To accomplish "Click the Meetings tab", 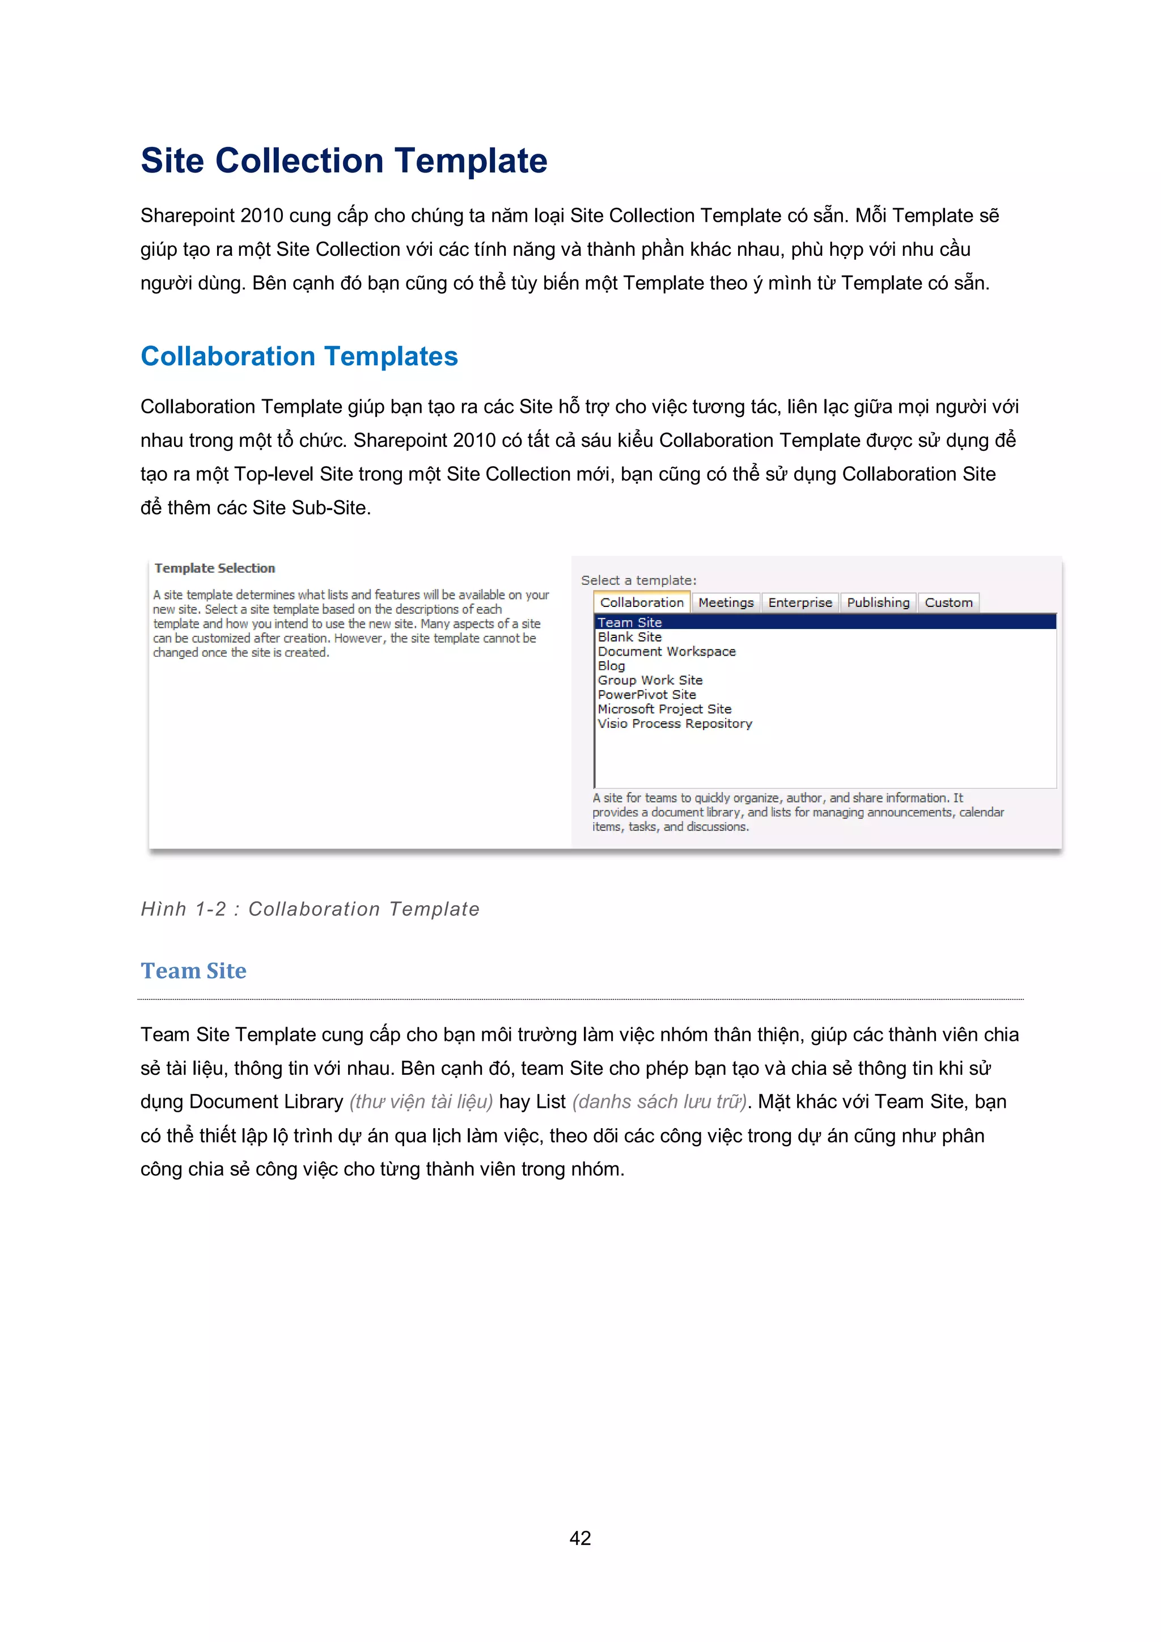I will tap(726, 603).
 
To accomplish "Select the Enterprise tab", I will tap(800, 603).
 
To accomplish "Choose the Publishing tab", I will tap(878, 603).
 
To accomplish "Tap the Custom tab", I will tap(948, 603).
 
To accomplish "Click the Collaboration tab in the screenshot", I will tap(642, 603).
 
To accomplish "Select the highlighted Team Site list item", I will tap(630, 622).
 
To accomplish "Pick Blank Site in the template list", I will tap(630, 636).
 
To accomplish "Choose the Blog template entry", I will tap(611, 666).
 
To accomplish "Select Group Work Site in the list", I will tap(650, 680).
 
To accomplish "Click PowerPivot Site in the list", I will tap(646, 694).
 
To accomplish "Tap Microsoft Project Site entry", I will tap(664, 709).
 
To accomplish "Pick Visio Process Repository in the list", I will tap(675, 724).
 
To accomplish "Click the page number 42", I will tap(580, 1538).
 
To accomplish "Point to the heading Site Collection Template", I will tap(344, 161).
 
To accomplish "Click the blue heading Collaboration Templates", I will tap(299, 356).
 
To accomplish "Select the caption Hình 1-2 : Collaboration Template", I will tap(310, 909).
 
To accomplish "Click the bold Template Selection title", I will tap(214, 568).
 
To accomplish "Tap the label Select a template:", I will tap(638, 581).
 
